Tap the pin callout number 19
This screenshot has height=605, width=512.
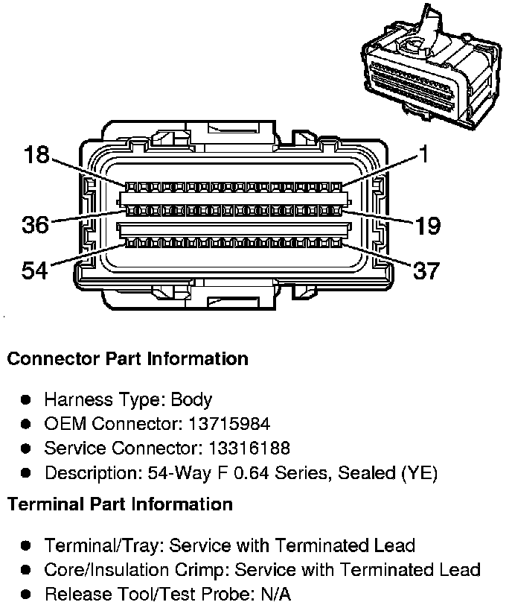click(x=428, y=226)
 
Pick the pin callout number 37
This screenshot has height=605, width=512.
click(x=426, y=270)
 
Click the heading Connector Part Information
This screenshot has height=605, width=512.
click(x=127, y=358)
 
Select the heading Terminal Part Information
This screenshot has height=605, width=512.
click(x=120, y=504)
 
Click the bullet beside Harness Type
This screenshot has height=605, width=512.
click(x=25, y=399)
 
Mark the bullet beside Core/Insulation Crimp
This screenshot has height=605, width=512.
click(x=25, y=570)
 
